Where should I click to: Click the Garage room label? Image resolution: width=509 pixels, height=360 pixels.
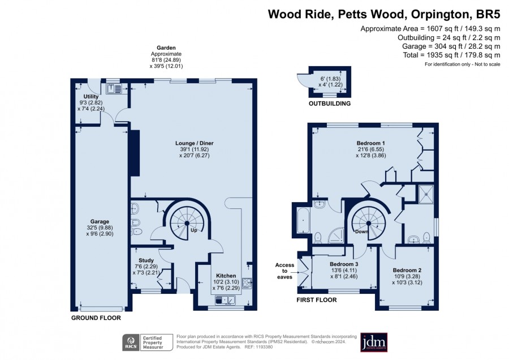pyautogui.click(x=100, y=221)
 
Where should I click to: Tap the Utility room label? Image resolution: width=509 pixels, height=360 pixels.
pyautogui.click(x=91, y=96)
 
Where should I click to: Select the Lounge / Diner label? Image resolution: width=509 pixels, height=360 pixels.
pyautogui.click(x=195, y=143)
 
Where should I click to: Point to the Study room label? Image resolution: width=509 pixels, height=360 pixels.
pyautogui.click(x=146, y=260)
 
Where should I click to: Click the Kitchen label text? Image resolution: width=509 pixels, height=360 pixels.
pyautogui.click(x=226, y=276)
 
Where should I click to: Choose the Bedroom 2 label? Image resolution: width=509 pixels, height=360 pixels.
pyautogui.click(x=407, y=270)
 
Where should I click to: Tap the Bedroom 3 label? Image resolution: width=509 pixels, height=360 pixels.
pyautogui.click(x=344, y=264)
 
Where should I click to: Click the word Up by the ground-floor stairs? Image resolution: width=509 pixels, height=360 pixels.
pyautogui.click(x=194, y=230)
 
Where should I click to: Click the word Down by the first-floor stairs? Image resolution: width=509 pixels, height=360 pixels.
pyautogui.click(x=361, y=232)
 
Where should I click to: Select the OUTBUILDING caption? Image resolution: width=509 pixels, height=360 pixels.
pyautogui.click(x=330, y=104)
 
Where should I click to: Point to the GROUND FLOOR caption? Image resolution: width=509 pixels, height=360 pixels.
pyautogui.click(x=96, y=318)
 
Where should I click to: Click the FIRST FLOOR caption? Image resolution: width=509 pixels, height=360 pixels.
pyautogui.click(x=317, y=300)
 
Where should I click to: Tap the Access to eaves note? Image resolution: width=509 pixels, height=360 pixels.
pyautogui.click(x=284, y=271)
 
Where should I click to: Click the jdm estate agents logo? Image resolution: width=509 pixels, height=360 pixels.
pyautogui.click(x=374, y=342)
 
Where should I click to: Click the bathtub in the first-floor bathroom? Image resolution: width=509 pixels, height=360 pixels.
pyautogui.click(x=303, y=221)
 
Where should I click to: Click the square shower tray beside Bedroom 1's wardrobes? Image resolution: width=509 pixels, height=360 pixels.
pyautogui.click(x=426, y=194)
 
